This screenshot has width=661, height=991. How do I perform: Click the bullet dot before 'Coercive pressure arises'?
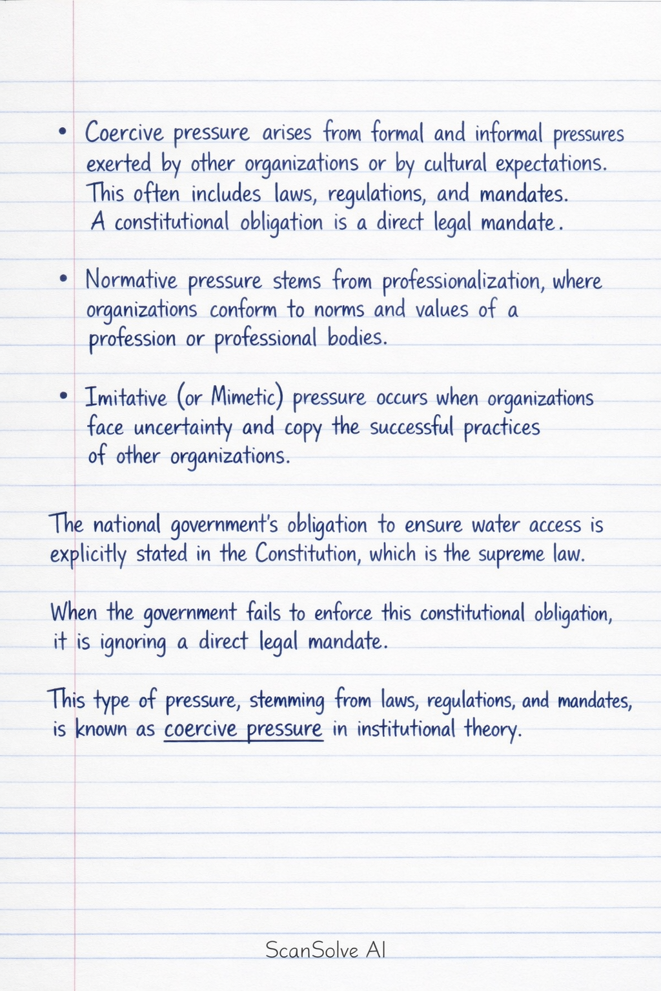[x=62, y=131]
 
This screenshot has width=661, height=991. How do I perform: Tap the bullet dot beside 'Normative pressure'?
[x=63, y=279]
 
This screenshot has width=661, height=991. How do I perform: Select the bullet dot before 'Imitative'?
[x=63, y=395]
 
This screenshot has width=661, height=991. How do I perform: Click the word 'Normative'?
[x=131, y=280]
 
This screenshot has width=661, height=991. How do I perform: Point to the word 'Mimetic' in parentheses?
[x=245, y=397]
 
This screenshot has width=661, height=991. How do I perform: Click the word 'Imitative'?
[x=126, y=397]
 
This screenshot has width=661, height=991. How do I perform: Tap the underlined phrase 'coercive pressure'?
[x=243, y=730]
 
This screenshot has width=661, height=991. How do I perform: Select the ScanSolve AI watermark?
[x=325, y=950]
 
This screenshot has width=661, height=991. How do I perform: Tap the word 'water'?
[x=495, y=525]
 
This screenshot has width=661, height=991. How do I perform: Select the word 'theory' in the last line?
[x=492, y=730]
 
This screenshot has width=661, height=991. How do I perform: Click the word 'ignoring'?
[x=133, y=643]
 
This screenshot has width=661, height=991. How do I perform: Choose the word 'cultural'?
[x=455, y=164]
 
